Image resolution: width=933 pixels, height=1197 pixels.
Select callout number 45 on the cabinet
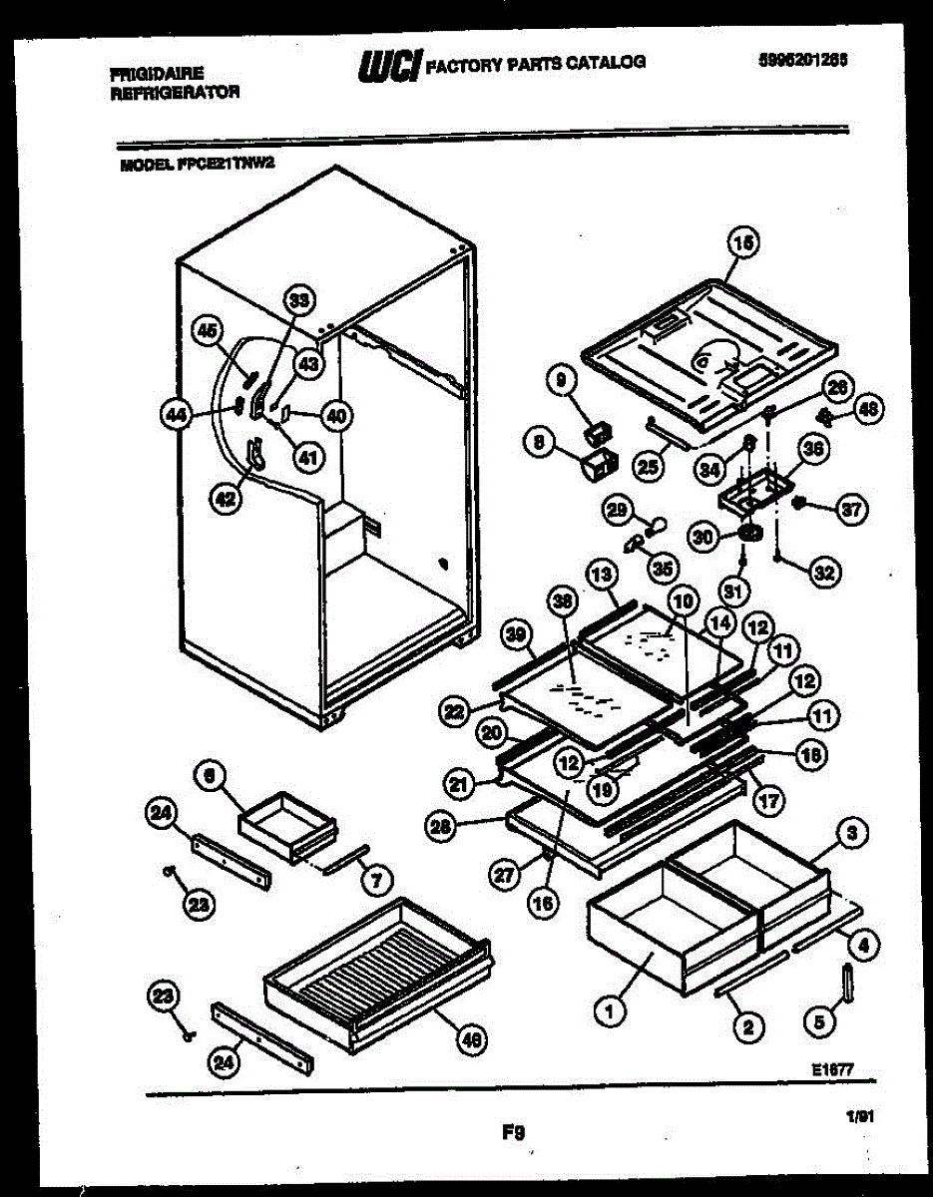[207, 330]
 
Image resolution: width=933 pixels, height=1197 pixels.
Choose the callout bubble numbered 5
[819, 1020]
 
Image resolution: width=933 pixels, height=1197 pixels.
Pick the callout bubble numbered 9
[560, 380]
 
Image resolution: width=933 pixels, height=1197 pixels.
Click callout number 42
[228, 500]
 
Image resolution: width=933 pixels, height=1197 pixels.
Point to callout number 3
[852, 831]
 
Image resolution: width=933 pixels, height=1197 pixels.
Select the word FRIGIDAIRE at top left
[158, 73]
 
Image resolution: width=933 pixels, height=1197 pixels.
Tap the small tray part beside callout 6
[287, 823]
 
